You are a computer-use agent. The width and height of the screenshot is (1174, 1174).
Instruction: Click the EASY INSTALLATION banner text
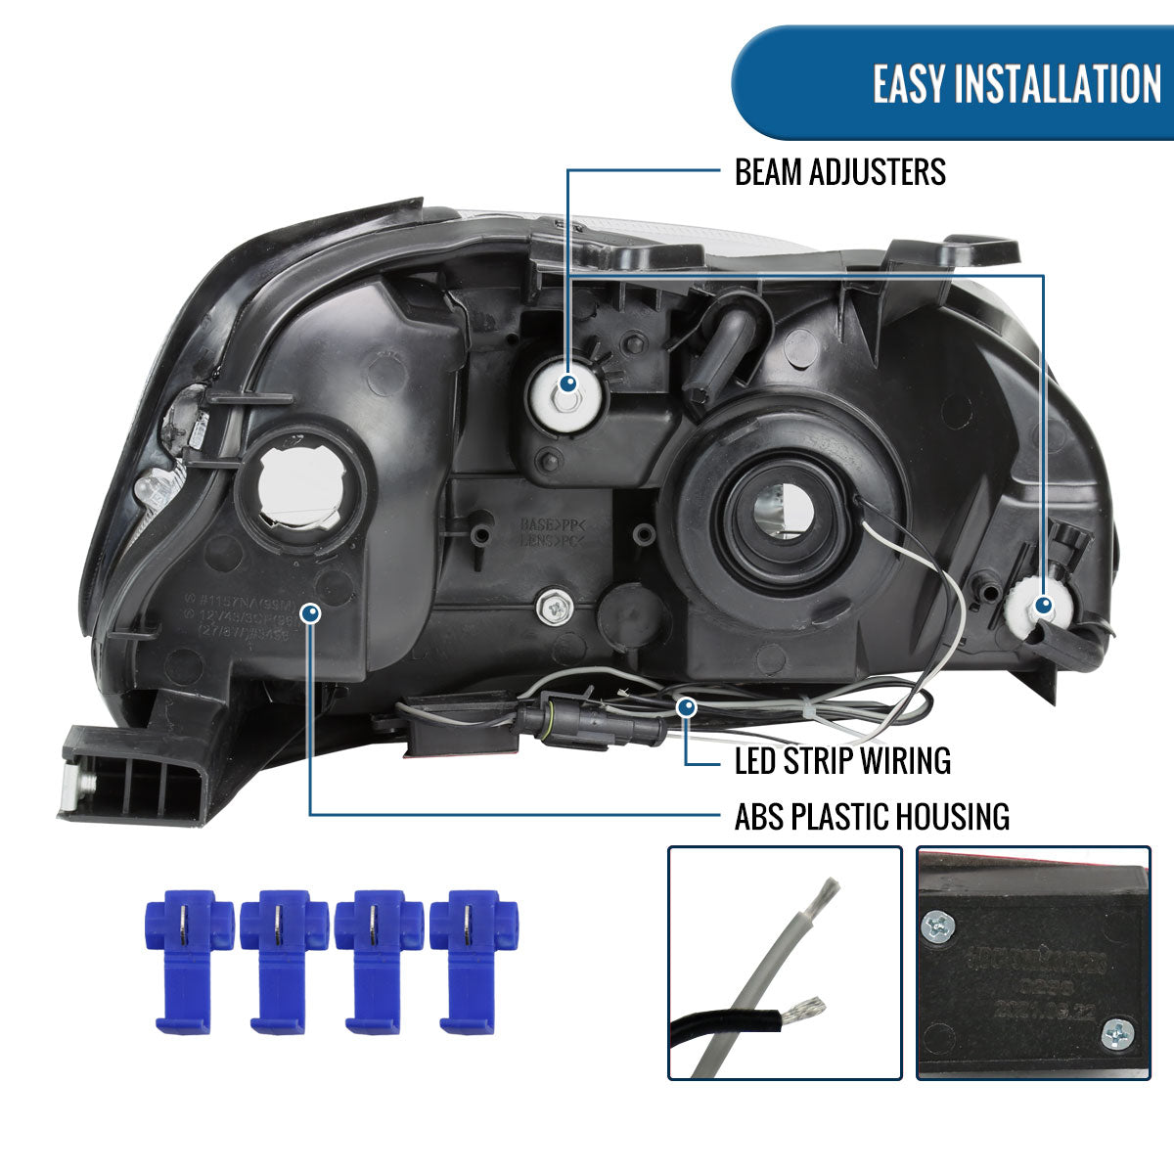pyautogui.click(x=1016, y=83)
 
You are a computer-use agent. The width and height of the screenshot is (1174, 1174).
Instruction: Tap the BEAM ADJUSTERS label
pyautogui.click(x=839, y=173)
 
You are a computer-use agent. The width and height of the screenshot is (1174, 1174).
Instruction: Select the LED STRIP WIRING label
pyautogui.click(x=842, y=760)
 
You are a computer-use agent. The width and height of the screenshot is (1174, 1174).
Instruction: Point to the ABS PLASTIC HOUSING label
pyautogui.click(x=872, y=816)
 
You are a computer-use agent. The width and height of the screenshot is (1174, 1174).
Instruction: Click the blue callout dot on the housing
pyautogui.click(x=311, y=613)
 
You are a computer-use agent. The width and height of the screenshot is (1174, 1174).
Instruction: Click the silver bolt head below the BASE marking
pyautogui.click(x=555, y=606)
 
